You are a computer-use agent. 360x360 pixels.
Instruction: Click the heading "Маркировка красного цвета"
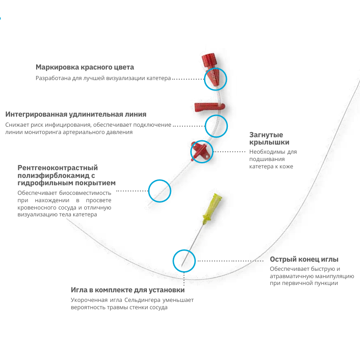coord(85,67)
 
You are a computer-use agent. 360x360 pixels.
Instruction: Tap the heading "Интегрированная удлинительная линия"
coord(76,114)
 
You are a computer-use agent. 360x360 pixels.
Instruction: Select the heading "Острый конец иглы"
coord(304,259)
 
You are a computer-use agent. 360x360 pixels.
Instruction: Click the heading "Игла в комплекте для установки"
coord(128,290)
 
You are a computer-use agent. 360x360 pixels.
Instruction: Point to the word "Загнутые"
coord(266,135)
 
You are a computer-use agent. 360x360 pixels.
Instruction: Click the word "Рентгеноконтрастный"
coord(58,168)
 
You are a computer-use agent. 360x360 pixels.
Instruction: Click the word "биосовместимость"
coord(85,193)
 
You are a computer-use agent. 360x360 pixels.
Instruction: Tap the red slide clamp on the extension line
coord(210,107)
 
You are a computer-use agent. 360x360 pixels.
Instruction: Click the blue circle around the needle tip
coord(184,250)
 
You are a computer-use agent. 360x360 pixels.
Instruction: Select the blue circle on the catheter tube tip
coord(160,180)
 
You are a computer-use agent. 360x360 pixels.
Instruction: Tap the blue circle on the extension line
coord(216,115)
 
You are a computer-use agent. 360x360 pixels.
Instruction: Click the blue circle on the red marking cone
coord(215,68)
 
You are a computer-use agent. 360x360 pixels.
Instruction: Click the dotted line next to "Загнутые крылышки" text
coord(229,152)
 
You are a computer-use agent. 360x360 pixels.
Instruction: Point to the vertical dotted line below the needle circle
coord(184,279)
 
